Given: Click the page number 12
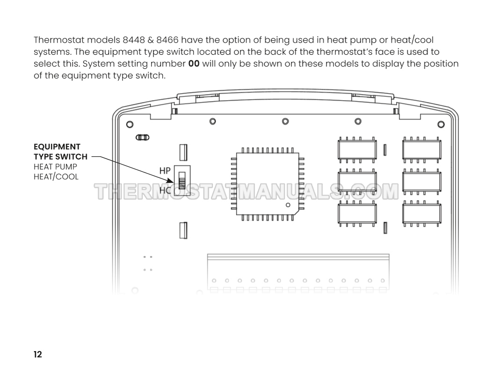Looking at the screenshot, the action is point(38,354).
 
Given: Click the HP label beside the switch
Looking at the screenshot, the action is point(165,171).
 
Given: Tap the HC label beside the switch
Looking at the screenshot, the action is point(165,191).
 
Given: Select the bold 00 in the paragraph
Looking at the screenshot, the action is point(194,64).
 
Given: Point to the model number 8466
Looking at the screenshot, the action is point(167,40).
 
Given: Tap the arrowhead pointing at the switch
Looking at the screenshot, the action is point(170,181).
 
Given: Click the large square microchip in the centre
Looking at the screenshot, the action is point(268,184).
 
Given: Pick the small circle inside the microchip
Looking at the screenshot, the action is point(288,205).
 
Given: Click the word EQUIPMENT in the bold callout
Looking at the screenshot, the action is point(57,147).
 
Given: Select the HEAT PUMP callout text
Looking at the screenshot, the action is point(56,167).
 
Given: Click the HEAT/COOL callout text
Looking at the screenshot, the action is point(56,177).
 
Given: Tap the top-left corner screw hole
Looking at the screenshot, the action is point(130,125).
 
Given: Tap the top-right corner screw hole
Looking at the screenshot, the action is point(441,125).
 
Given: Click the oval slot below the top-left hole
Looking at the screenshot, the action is point(142,138).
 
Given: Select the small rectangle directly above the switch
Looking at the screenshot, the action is point(183,153).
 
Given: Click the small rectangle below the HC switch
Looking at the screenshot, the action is point(183,230).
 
